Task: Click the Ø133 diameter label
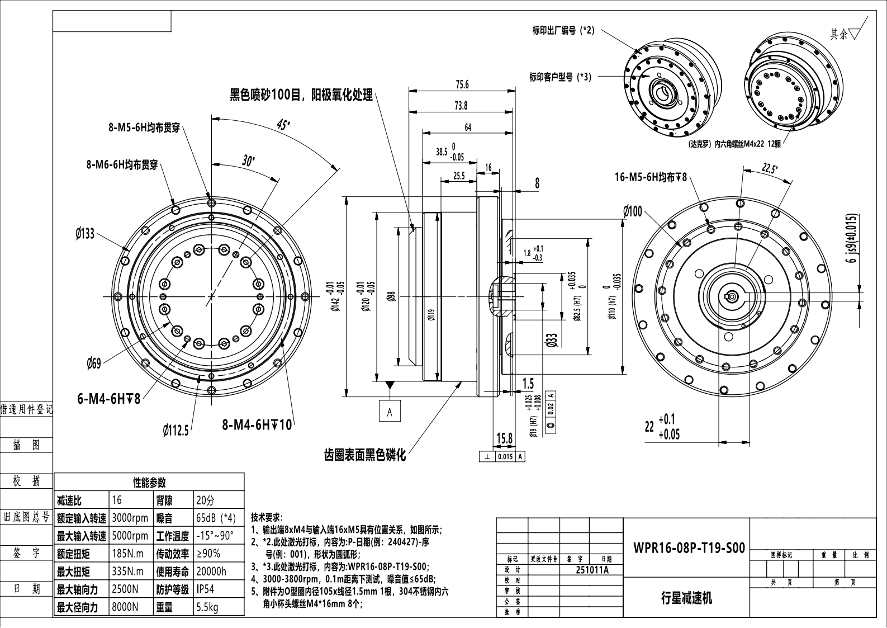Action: point(85,233)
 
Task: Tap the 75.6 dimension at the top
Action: point(462,84)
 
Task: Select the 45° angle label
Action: point(283,125)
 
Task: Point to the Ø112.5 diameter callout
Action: point(175,430)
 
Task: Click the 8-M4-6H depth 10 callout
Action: point(257,425)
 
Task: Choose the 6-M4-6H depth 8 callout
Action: point(108,399)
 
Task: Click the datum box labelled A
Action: point(390,412)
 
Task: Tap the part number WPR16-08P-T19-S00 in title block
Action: point(689,547)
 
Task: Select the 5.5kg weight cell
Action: point(207,607)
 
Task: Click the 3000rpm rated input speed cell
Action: point(130,517)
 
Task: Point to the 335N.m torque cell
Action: point(128,571)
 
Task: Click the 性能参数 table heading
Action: point(149,483)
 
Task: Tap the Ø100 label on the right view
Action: point(633,211)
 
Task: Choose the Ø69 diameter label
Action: point(94,364)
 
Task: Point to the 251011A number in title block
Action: point(592,570)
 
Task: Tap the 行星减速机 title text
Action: point(686,598)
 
